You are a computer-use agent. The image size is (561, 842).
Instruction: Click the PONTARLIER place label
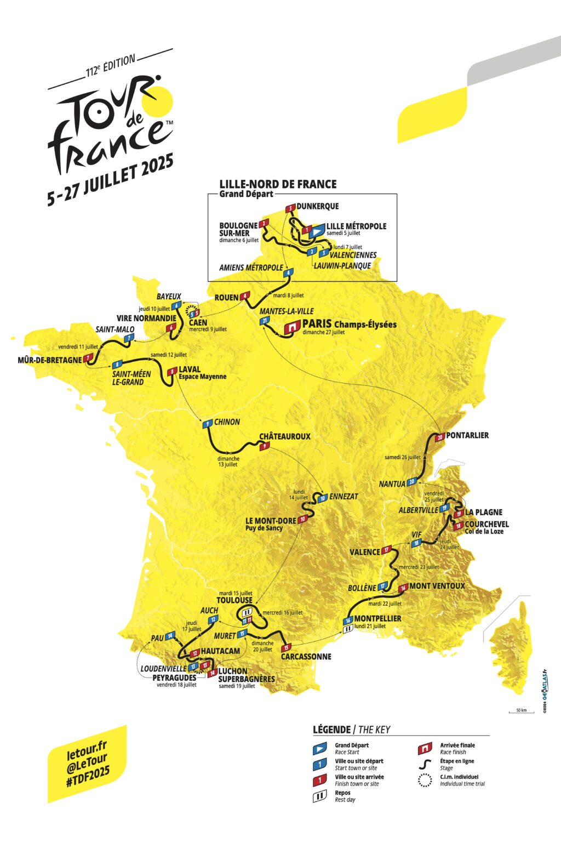tap(467, 435)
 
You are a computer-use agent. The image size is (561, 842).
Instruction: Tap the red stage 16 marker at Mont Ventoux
tap(403, 588)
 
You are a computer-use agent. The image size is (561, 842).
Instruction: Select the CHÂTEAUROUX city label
tap(284, 436)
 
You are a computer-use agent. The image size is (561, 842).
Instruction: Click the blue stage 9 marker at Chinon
tap(207, 424)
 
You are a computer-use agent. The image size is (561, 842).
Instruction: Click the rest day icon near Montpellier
tap(347, 630)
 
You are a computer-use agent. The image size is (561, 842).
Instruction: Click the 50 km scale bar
tap(521, 711)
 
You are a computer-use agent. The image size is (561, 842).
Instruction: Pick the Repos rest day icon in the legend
tap(319, 797)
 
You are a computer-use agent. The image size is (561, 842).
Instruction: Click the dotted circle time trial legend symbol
tap(425, 780)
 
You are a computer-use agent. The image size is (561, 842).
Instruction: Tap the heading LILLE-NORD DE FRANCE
tap(278, 184)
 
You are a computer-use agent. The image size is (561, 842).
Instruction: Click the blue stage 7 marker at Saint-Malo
tap(128, 339)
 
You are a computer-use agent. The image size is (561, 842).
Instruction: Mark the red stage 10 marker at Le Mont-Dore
tap(302, 519)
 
